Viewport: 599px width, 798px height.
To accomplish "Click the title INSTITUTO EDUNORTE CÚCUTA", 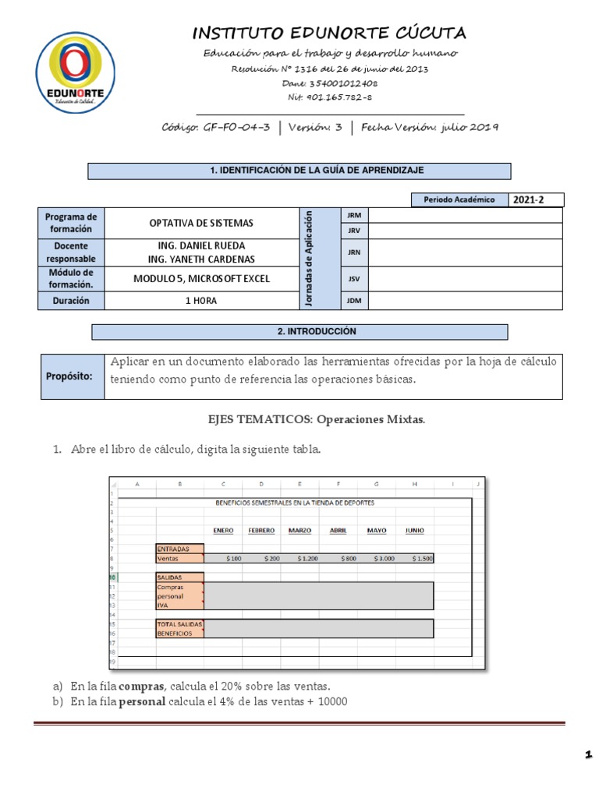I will [x=329, y=33].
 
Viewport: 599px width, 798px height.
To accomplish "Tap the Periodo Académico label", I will [x=459, y=199].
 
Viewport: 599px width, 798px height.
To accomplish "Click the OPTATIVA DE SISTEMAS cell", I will [x=201, y=223].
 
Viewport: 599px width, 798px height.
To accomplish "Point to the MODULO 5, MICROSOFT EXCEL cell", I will [x=201, y=278].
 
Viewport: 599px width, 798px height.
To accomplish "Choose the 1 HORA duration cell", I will [x=201, y=300].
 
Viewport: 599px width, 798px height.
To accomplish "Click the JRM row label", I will [x=352, y=214].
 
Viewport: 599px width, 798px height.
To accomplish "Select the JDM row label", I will [x=352, y=300].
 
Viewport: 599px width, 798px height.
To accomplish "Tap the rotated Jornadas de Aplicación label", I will [x=308, y=258].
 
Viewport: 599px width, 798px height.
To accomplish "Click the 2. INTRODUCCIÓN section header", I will [x=299, y=332].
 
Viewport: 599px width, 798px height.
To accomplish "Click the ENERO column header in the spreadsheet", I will [x=223, y=531].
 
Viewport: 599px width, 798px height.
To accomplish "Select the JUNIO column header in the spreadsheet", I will [x=414, y=531].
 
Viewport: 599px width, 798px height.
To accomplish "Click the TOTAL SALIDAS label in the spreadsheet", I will [x=180, y=624].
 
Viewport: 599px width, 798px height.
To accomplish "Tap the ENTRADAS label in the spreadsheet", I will [x=173, y=549].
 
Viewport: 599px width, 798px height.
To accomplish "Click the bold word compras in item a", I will [x=141, y=686].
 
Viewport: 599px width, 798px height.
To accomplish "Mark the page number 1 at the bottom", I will [x=587, y=754].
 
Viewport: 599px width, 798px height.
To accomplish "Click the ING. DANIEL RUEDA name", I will [x=201, y=245].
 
